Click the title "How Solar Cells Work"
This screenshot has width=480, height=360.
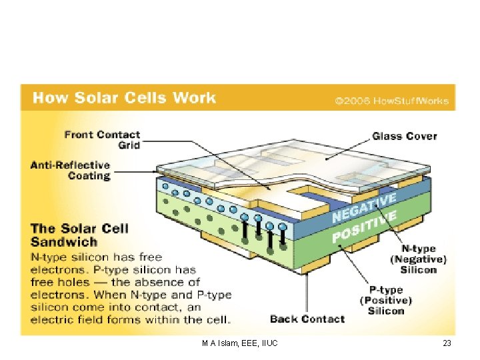pos(124,99)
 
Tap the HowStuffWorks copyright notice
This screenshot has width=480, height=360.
pos(392,102)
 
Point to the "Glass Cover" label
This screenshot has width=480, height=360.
pos(404,136)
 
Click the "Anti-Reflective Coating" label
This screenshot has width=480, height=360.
pos(70,171)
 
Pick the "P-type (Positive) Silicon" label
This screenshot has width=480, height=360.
pos(386,300)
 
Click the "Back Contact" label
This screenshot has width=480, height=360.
pos(307,319)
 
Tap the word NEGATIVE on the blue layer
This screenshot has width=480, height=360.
pos(364,207)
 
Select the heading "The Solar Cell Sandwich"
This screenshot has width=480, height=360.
pos(79,235)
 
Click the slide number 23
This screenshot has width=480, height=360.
pos(447,343)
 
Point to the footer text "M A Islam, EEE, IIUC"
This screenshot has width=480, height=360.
pos(239,343)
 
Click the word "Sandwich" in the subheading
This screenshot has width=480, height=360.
pos(64,243)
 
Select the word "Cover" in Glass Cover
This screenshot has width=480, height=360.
pos(421,136)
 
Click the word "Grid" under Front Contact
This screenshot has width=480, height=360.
pos(129,145)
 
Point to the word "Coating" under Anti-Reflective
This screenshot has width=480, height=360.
pos(89,176)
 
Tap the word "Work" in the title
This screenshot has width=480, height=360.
pos(195,99)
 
